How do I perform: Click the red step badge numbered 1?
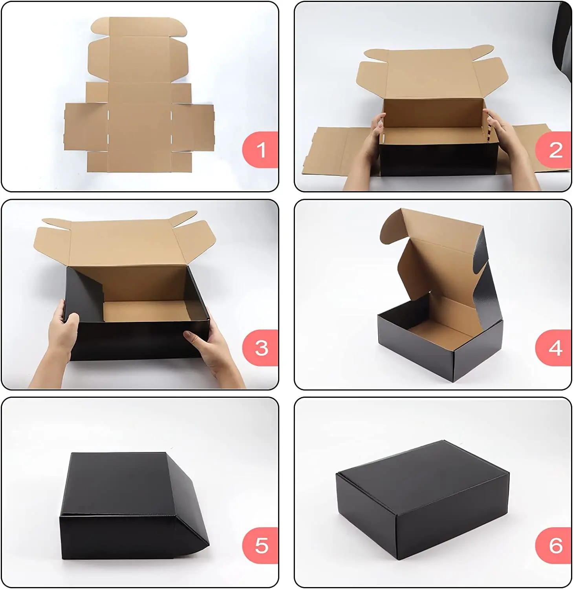click(x=260, y=150)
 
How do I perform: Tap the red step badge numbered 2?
click(x=554, y=150)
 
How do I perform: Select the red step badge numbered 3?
click(x=260, y=348)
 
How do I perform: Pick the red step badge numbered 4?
click(x=554, y=348)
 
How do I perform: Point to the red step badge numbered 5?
click(x=260, y=546)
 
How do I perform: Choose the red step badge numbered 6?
click(x=554, y=546)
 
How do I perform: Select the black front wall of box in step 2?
click(x=436, y=161)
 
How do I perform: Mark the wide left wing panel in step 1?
click(x=86, y=126)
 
